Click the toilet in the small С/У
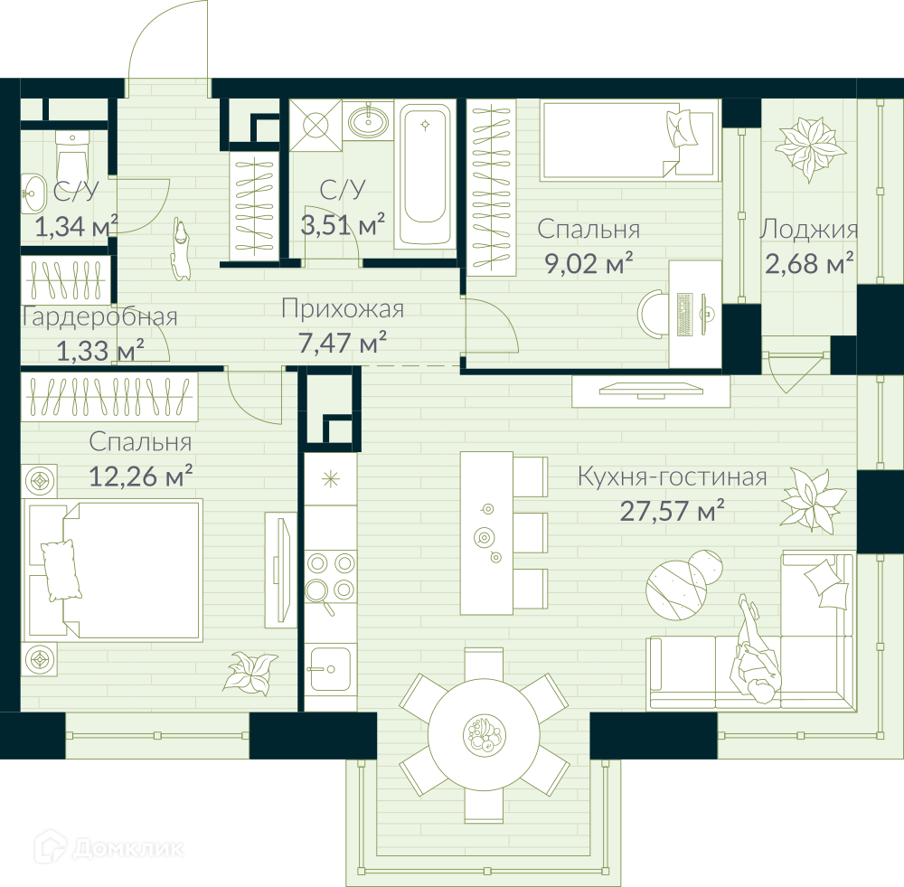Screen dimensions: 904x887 coord(72,155)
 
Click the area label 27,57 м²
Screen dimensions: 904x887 coord(672,511)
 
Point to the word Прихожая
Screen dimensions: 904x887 coord(343,309)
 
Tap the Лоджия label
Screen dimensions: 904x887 coord(808,229)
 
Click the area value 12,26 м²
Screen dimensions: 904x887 coord(140,477)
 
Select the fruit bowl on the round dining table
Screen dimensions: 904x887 coord(485,734)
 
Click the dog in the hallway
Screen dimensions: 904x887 coord(181,250)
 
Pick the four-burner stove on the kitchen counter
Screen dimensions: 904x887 coord(330,577)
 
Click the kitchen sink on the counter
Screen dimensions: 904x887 coord(330,669)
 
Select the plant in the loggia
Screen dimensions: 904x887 coord(810,147)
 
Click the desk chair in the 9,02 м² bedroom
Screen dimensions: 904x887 coord(653,314)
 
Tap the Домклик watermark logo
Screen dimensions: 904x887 coord(109,848)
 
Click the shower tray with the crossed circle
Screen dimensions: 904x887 coord(315,126)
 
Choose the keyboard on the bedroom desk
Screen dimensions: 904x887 coord(684,315)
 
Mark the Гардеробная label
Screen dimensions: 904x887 coord(99,317)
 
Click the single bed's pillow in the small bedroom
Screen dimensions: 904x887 coord(681,127)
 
